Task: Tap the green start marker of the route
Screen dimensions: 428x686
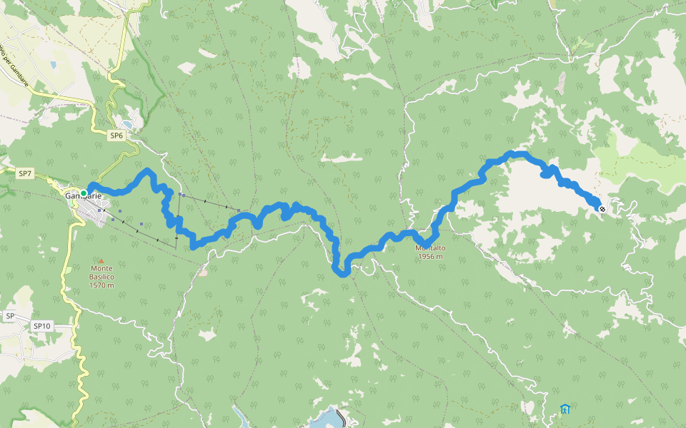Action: click(x=84, y=193)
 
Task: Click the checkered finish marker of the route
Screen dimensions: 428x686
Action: click(x=602, y=209)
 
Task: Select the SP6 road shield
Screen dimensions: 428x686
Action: click(x=117, y=135)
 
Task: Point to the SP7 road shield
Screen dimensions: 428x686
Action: click(x=25, y=173)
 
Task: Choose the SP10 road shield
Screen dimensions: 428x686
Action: click(x=41, y=326)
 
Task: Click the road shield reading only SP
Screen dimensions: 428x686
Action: click(x=10, y=316)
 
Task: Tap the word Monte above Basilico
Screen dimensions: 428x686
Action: click(x=101, y=268)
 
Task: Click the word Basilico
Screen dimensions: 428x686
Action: click(x=102, y=277)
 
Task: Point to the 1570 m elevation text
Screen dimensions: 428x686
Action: click(x=102, y=285)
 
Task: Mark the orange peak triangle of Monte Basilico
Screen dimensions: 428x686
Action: click(x=101, y=261)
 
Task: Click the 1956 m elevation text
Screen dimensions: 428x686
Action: click(x=430, y=256)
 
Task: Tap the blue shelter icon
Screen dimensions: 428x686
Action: click(x=565, y=409)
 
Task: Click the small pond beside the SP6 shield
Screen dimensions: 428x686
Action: click(x=126, y=124)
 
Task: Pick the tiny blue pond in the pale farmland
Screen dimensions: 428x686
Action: click(x=53, y=65)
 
